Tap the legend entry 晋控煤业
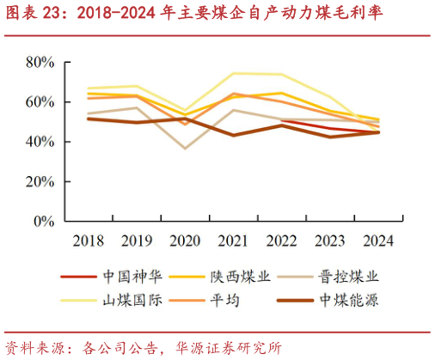point(348,277)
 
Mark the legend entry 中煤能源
point(348,300)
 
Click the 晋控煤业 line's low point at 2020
point(184,149)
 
